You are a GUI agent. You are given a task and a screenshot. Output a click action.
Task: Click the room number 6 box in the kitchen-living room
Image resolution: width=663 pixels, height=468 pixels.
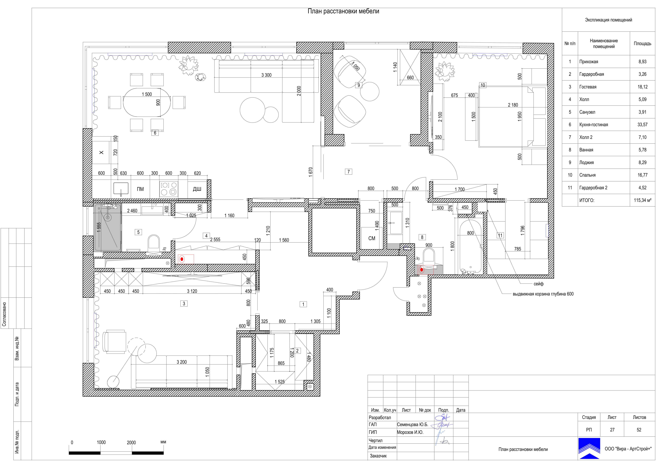[155, 133]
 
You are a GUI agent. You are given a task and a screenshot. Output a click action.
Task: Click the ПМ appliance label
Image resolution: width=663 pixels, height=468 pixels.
[140, 189]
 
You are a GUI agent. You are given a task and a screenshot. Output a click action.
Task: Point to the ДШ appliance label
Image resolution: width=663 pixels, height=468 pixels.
[197, 189]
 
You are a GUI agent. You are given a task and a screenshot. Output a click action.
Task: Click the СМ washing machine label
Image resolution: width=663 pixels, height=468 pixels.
[372, 238]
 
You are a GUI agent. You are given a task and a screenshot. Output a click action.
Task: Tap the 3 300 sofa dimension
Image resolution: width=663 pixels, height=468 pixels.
[266, 75]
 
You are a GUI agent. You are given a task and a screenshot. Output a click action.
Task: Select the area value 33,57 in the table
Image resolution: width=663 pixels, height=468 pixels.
[642, 125]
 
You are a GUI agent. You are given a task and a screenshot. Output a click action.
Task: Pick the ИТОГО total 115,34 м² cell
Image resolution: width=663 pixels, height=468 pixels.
[642, 200]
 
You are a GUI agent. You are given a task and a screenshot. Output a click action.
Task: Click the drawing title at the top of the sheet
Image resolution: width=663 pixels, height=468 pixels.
[343, 11]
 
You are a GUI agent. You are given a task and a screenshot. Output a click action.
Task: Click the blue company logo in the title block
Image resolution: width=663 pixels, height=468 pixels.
[589, 448]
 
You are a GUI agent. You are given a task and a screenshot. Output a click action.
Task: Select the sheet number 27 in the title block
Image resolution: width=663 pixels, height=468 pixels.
[612, 430]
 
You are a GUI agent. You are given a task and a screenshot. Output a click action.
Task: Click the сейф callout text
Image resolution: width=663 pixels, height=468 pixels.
[539, 284]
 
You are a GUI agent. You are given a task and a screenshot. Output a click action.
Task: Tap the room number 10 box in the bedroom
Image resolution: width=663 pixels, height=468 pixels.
[483, 85]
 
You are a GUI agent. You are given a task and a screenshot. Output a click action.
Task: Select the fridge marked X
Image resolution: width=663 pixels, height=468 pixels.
[101, 152]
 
